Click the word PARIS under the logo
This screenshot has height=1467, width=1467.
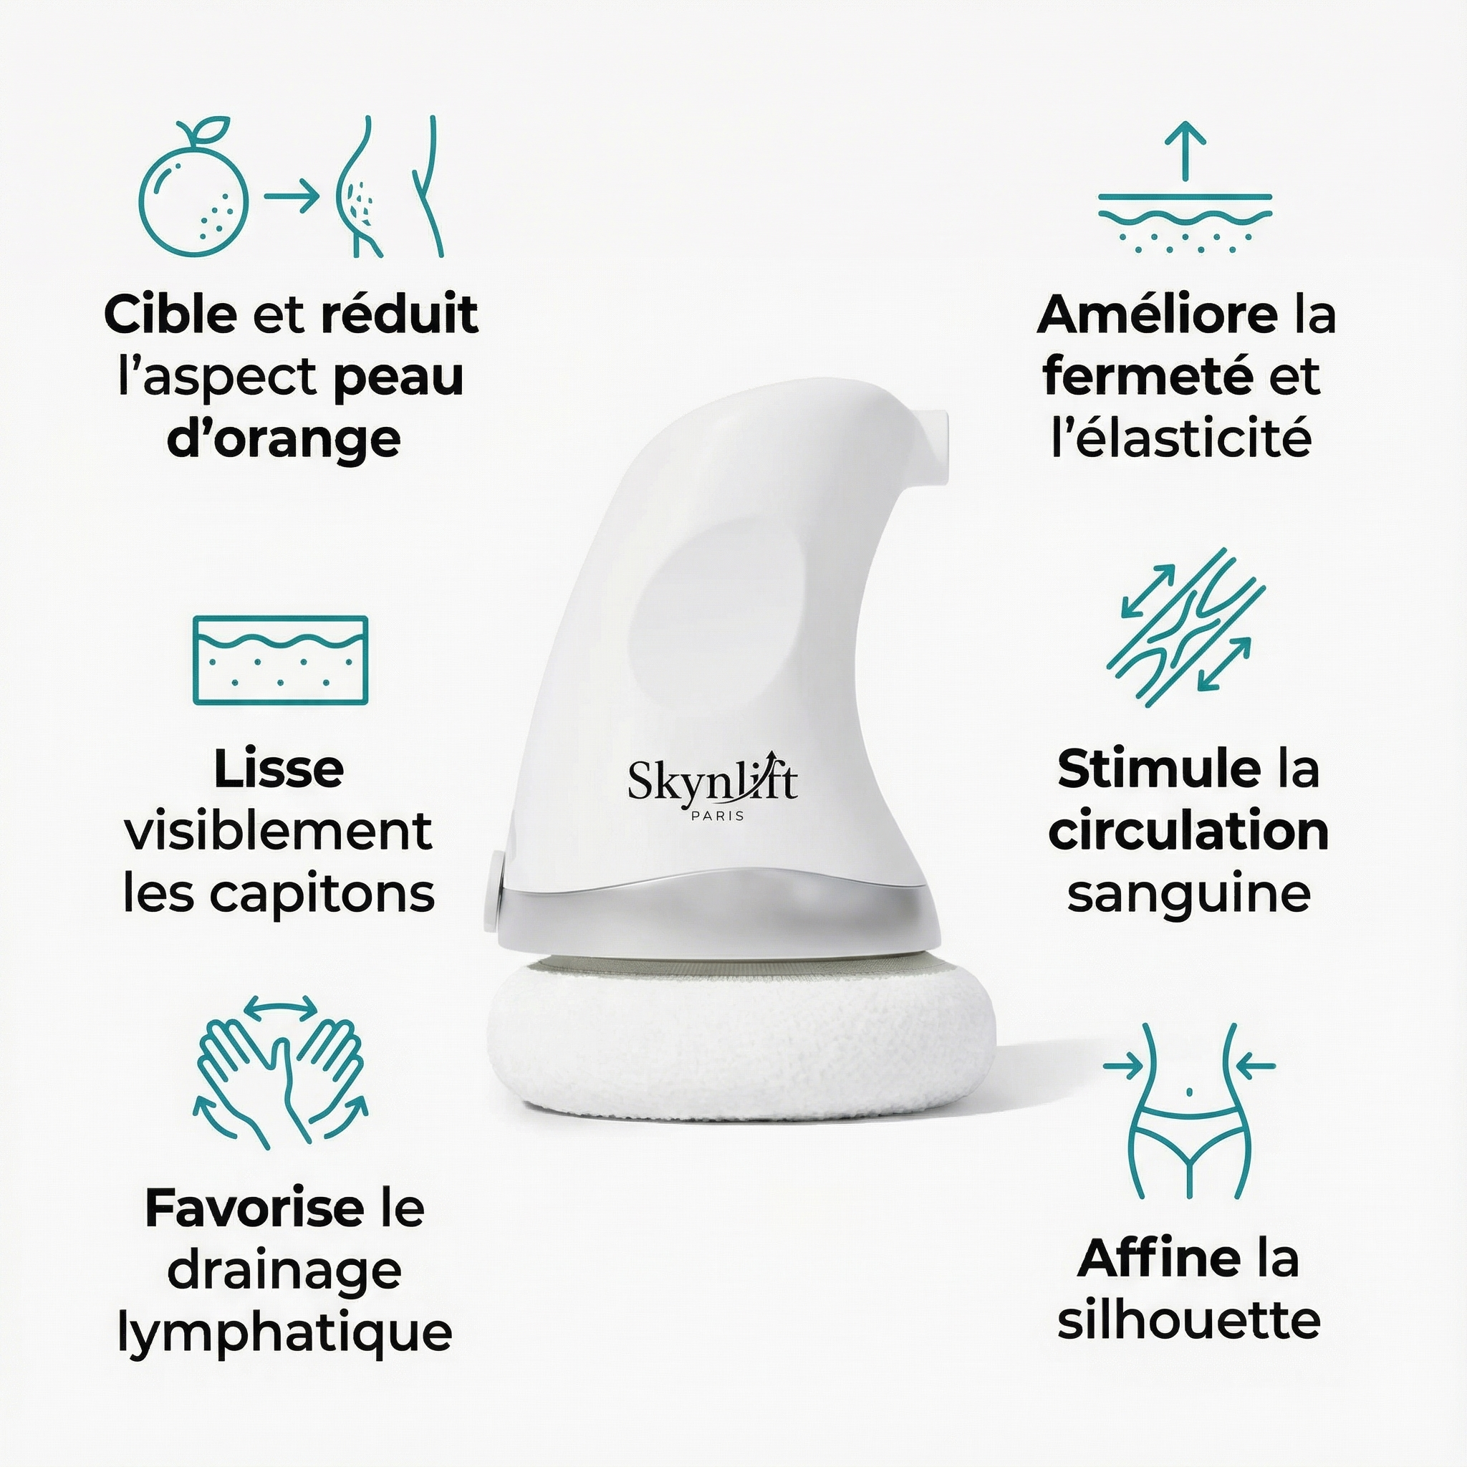tap(713, 817)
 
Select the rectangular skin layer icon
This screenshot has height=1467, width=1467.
tap(280, 660)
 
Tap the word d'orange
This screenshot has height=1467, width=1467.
tap(283, 440)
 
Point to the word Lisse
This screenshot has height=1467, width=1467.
tap(279, 769)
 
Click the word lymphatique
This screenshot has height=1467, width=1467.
tap(285, 1332)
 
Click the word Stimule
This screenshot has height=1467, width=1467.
tap(1159, 769)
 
